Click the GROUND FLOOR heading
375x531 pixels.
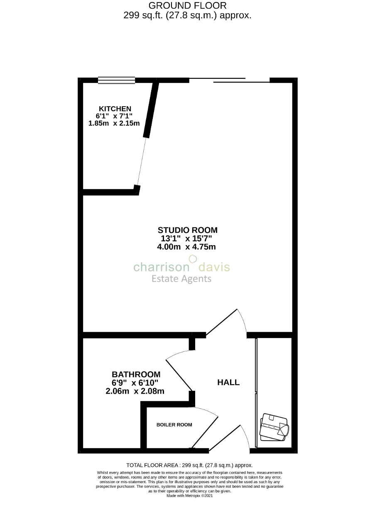187,6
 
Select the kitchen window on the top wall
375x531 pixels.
116,80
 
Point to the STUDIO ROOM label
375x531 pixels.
187,230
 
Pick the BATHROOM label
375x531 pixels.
136,374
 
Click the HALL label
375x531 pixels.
228,382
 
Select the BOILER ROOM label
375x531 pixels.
174,425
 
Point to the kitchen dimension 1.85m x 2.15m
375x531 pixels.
114,123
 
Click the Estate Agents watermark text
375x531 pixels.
181,278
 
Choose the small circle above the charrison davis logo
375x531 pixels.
192,259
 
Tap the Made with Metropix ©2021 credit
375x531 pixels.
189,495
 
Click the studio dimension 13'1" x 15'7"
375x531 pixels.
186,239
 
